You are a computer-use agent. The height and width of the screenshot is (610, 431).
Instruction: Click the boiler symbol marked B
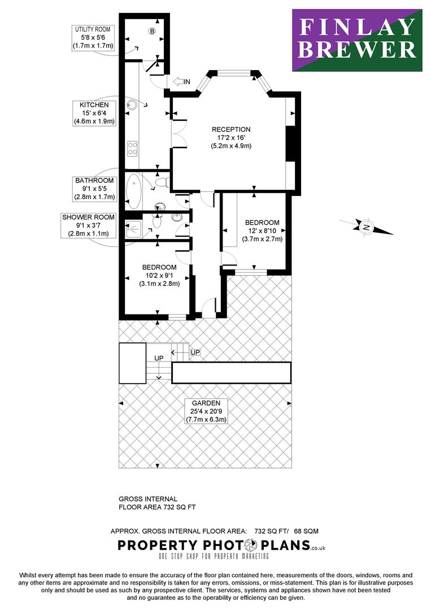coord(152,31)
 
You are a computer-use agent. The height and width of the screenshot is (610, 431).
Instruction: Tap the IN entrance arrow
coord(178,81)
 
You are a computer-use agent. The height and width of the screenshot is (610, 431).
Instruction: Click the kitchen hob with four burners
coord(132,148)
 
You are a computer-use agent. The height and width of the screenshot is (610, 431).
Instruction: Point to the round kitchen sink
coord(132,104)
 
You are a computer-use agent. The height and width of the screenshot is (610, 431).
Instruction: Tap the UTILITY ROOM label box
coord(93,38)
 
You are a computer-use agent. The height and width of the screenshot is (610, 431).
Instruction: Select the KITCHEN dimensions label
coord(94,113)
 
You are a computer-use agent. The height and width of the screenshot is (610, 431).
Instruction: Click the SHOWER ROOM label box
coord(88,225)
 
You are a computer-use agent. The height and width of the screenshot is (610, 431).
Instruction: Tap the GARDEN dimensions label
coord(206,412)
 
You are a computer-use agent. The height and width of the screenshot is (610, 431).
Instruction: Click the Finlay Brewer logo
coord(357,40)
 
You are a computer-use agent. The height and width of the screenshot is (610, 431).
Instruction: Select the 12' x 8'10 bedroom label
coord(262,230)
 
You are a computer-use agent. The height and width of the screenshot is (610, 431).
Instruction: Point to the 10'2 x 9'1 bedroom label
coord(159,276)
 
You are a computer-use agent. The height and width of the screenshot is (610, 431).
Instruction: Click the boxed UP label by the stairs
coord(195,352)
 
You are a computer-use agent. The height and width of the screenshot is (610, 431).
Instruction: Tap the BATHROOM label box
coord(95,189)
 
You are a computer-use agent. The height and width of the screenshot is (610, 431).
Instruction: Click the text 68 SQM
coord(306,531)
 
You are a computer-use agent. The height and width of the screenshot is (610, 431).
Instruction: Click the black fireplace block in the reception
coord(290,143)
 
